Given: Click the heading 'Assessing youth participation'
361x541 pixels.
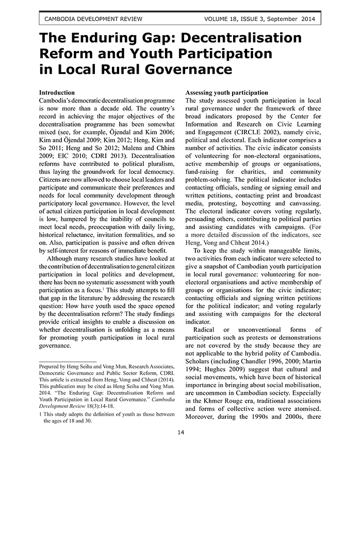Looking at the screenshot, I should (226, 93).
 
